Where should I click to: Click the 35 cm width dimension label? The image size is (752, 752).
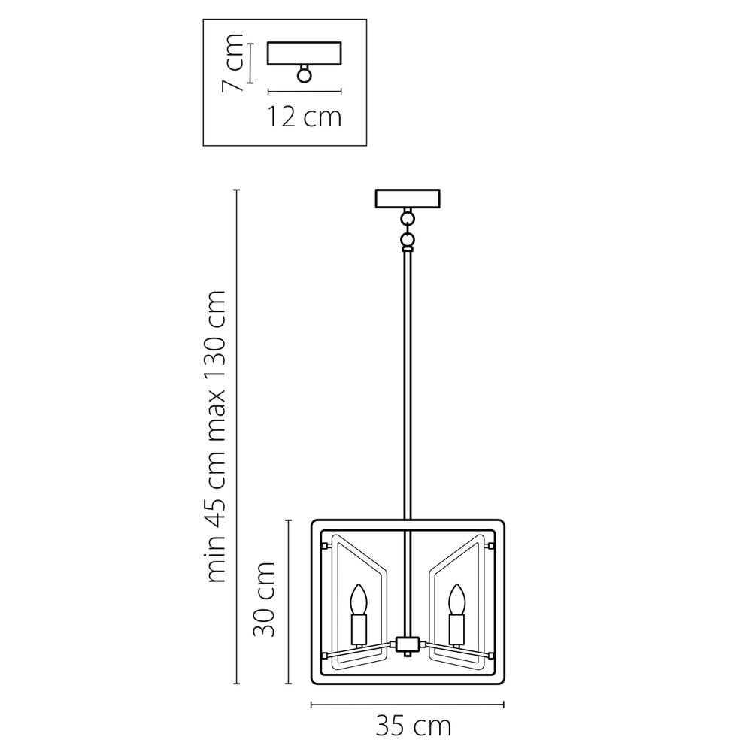414,726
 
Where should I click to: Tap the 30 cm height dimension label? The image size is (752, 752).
264,599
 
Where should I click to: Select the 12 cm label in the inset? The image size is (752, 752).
304,117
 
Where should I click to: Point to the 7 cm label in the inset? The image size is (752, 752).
232,63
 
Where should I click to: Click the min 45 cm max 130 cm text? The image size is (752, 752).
215,436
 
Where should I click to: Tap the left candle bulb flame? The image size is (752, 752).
358,599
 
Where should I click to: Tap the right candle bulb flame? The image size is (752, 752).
456,599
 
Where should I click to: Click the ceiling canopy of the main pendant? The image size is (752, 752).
408,199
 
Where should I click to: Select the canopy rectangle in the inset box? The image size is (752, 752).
304,53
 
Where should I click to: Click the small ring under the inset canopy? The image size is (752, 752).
304,75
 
